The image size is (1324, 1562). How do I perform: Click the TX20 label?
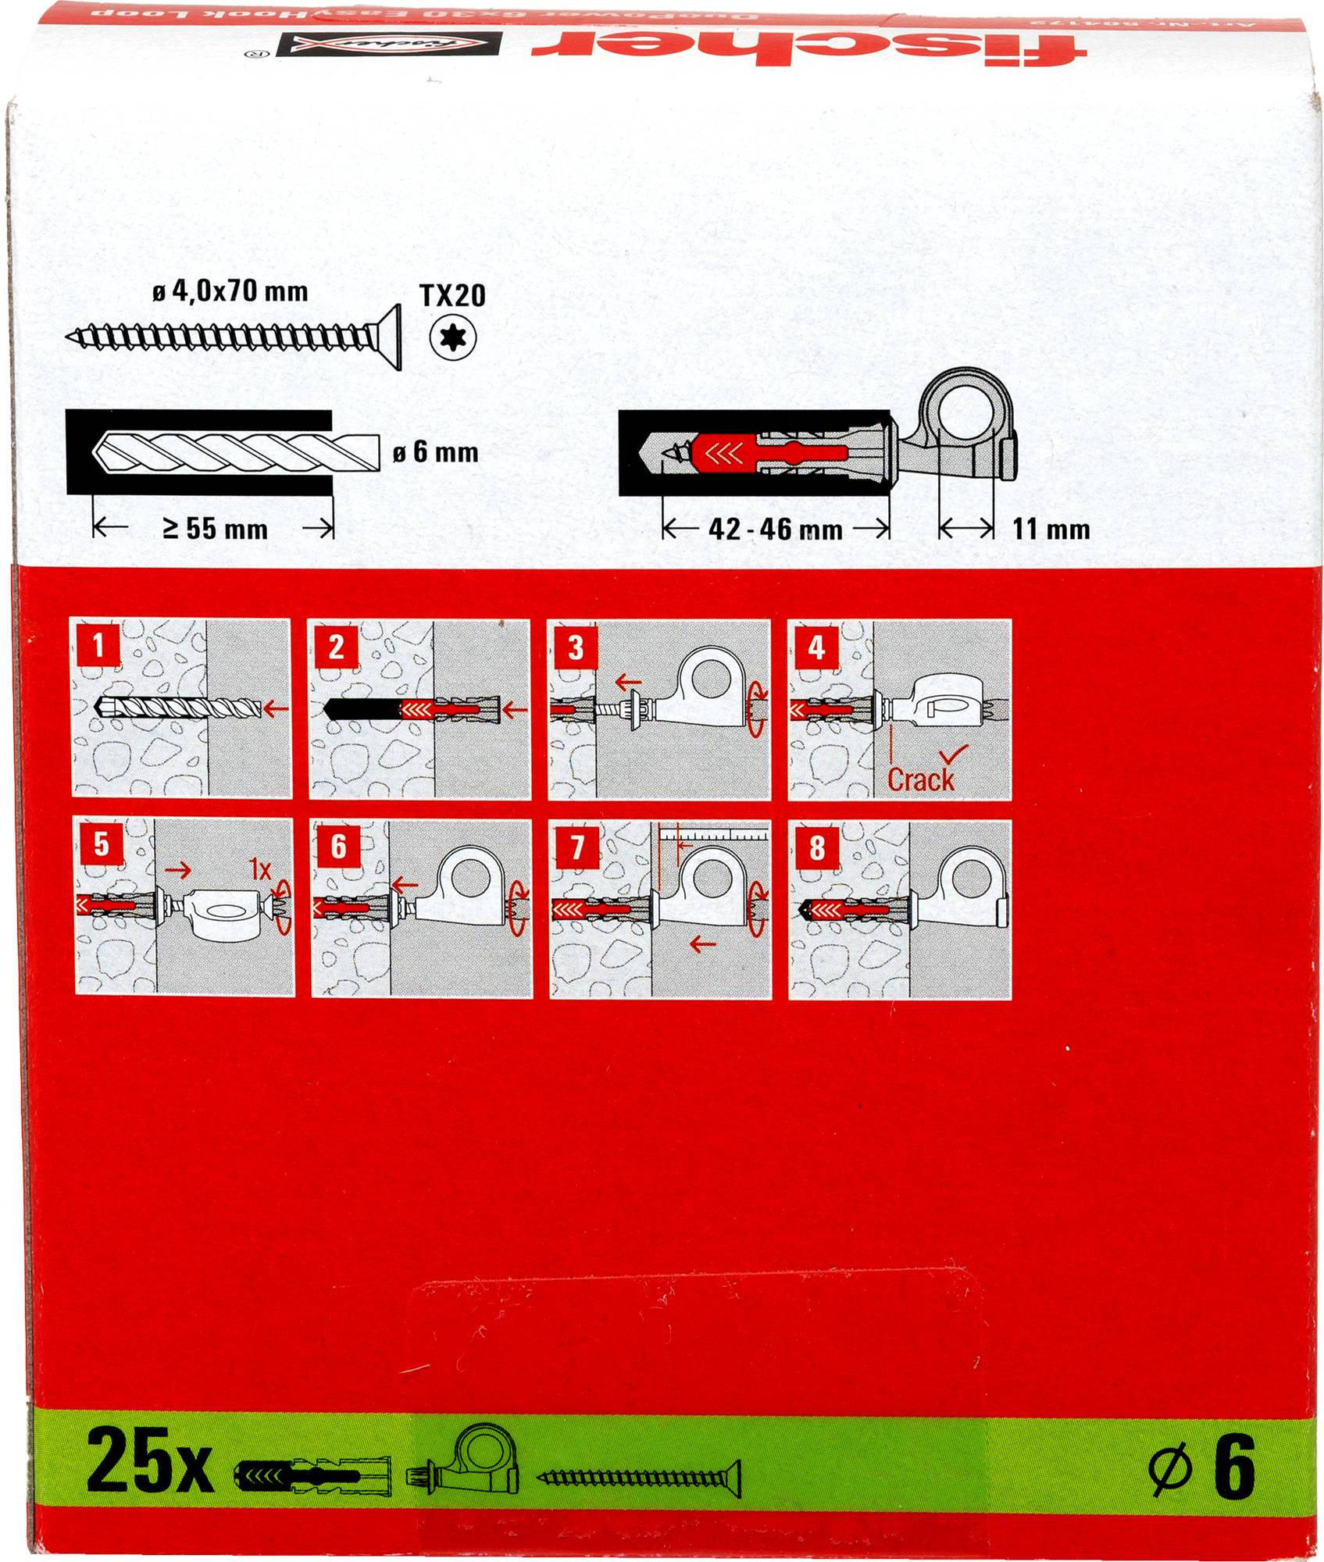452,295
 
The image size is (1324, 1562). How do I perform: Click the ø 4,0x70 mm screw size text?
230,292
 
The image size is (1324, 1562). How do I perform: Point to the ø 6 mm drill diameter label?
435,452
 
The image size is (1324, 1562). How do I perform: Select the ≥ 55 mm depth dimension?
215,530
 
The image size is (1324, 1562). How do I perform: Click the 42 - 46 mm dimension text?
775,530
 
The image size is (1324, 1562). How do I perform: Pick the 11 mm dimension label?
1051,530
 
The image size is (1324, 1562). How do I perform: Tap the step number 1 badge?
98,647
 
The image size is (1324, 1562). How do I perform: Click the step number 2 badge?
337,647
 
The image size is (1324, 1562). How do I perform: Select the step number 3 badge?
576,647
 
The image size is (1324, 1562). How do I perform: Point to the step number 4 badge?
816,647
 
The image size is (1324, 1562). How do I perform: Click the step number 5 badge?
101,845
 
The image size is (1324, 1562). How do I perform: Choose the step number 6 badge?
338,847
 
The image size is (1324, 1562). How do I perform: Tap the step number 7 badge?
577,847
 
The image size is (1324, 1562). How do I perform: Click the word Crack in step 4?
921,779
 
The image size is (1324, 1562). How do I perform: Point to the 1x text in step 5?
259,868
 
